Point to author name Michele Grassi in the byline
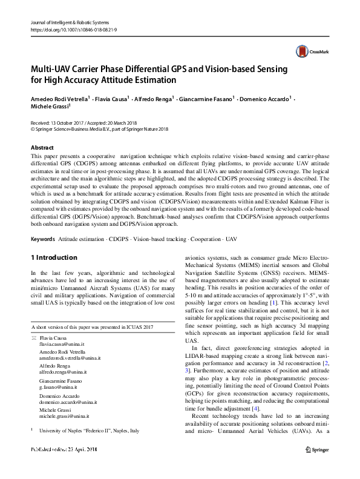[x=50, y=107]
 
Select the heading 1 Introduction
[x=54, y=257]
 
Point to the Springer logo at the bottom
[x=317, y=449]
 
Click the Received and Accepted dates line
[x=88, y=122]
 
